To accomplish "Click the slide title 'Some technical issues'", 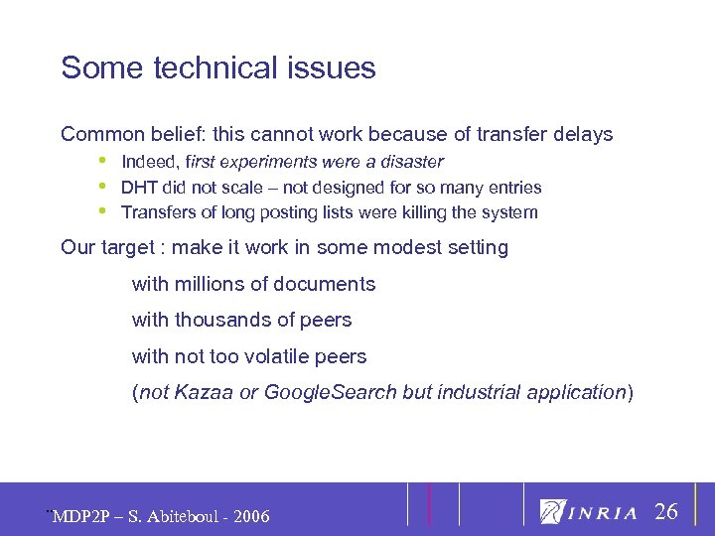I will coord(218,68).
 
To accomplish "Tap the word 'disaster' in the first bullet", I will coord(412,161).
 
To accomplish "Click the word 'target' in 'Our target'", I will coord(130,247).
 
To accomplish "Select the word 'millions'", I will coord(213,284).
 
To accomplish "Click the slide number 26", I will coord(666,512).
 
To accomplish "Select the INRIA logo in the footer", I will coord(589,511).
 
